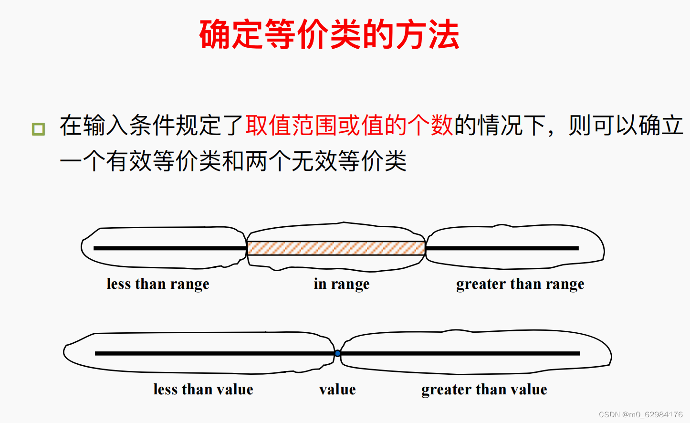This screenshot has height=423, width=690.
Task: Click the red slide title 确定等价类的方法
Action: (x=329, y=34)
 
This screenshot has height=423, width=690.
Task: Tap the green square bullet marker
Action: (x=38, y=129)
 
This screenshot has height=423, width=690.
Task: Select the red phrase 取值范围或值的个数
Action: (x=349, y=126)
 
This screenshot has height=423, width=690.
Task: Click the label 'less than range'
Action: (x=158, y=284)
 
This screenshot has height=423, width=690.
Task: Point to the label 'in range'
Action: (x=342, y=284)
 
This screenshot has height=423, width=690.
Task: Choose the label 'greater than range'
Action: (x=520, y=284)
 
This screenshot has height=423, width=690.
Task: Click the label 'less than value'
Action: (x=203, y=390)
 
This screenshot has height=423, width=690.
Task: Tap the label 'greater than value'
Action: (x=484, y=390)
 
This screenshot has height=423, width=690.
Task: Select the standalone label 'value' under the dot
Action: (x=337, y=390)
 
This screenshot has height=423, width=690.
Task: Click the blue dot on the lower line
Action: (x=337, y=353)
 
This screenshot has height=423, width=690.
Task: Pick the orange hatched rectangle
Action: (x=336, y=248)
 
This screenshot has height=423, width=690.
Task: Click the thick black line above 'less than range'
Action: (x=169, y=248)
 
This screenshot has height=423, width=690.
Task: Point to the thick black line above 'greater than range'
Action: (x=502, y=248)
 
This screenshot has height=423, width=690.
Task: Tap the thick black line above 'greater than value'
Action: (x=460, y=353)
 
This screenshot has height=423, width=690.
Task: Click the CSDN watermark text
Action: (x=640, y=414)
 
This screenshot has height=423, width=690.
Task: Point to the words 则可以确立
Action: (x=626, y=126)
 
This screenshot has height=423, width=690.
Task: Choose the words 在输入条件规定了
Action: (x=152, y=126)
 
